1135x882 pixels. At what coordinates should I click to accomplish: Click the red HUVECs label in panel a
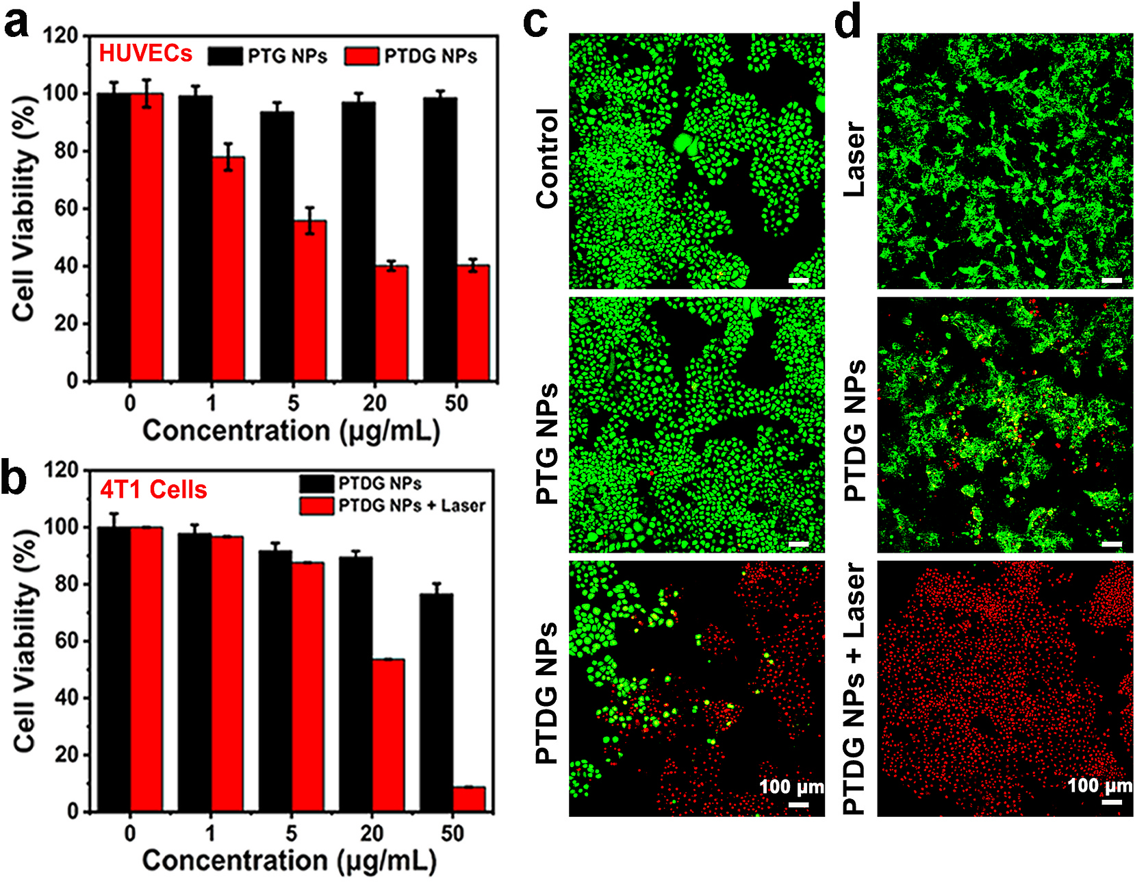[146, 53]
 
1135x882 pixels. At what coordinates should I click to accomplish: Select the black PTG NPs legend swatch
[225, 56]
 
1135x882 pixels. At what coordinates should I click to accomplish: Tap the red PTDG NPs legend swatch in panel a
[362, 56]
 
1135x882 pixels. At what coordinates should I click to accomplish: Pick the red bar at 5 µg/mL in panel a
[310, 301]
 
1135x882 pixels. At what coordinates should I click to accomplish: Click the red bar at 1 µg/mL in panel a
[228, 269]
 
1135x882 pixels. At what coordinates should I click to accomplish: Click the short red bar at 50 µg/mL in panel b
[469, 799]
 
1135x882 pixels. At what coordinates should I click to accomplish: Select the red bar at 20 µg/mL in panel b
[388, 735]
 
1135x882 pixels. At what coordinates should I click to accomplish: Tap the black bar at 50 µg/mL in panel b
[436, 703]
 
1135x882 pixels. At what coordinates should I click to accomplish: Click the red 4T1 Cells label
[153, 490]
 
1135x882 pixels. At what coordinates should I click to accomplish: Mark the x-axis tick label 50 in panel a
[457, 403]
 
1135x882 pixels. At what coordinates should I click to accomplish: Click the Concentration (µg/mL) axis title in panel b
[289, 860]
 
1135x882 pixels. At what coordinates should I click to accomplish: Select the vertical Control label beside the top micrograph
[548, 158]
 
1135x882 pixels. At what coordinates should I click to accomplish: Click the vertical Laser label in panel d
[855, 160]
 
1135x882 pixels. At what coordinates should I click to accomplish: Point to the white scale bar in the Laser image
[1112, 280]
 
